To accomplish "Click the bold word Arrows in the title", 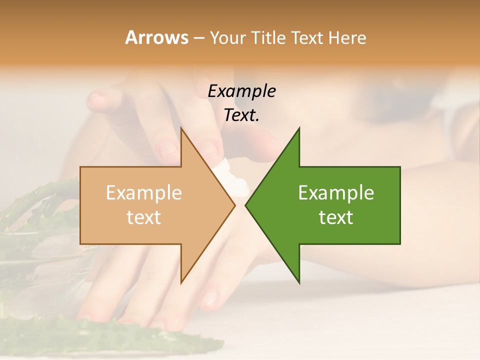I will click(x=156, y=37).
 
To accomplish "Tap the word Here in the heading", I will click(x=347, y=37).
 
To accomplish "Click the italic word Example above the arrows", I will click(x=241, y=91).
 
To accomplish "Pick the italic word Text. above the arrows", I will click(x=241, y=115).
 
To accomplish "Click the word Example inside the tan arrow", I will click(x=143, y=192).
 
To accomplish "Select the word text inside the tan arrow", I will click(x=143, y=217).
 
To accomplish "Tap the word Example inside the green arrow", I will click(x=336, y=192).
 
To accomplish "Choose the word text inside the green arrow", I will click(x=336, y=217).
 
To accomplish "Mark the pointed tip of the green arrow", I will click(x=246, y=205).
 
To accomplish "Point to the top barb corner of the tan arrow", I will click(x=181, y=129).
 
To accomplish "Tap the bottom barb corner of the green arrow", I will click(x=299, y=282).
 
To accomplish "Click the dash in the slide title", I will click(x=198, y=38).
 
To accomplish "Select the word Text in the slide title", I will click(x=308, y=37).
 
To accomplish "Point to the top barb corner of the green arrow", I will click(x=299, y=129).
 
